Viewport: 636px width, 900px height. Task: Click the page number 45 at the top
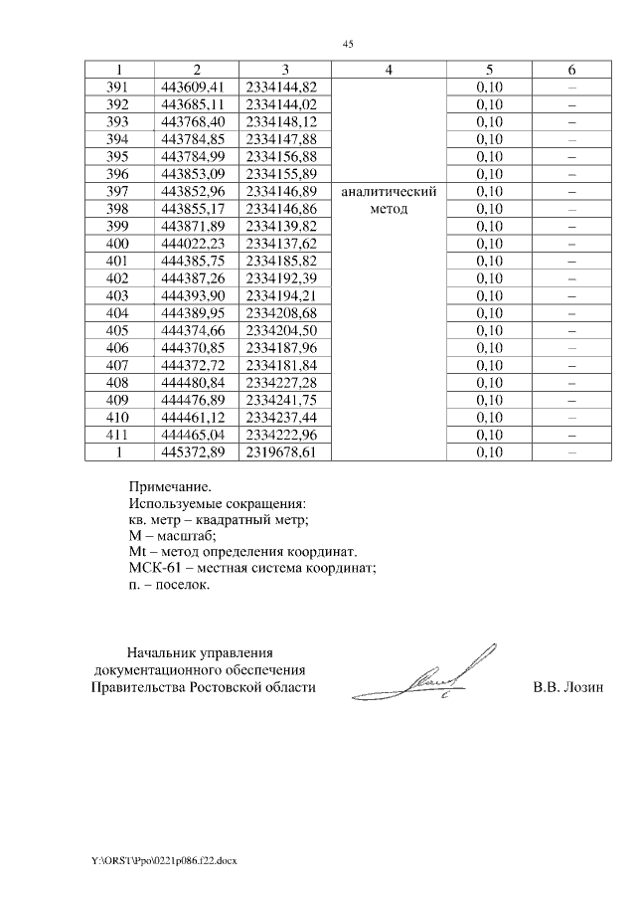(348, 44)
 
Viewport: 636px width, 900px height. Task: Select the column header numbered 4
(389, 70)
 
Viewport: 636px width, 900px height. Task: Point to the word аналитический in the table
(389, 192)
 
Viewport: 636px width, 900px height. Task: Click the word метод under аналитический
(389, 210)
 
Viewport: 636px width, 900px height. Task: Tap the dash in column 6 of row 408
(572, 382)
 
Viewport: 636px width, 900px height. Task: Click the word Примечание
(170, 487)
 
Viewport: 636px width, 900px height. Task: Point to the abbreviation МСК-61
(154, 568)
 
